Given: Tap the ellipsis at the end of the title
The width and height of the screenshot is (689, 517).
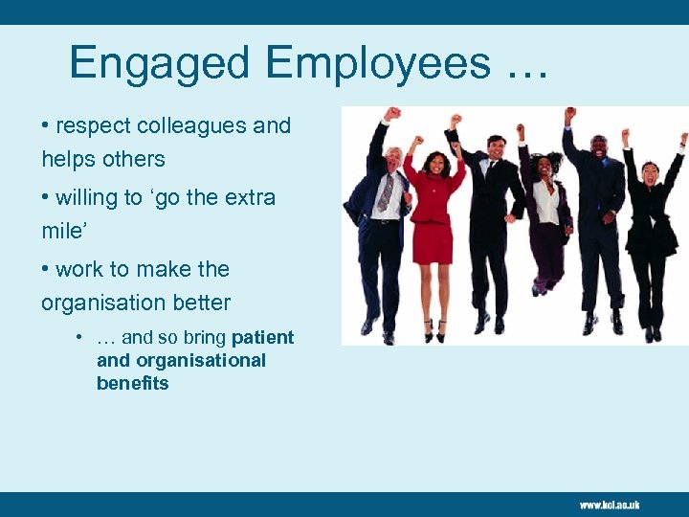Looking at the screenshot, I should coord(521,67).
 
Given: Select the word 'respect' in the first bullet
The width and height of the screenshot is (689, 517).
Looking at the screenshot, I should coord(95,126).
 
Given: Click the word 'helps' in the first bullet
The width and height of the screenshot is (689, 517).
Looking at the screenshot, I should coord(71,160).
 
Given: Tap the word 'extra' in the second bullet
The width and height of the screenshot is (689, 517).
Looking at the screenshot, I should coord(248,198).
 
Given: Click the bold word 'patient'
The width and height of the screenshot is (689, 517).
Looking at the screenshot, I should coord(262,338).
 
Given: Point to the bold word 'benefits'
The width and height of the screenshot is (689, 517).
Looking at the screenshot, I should coord(132,384).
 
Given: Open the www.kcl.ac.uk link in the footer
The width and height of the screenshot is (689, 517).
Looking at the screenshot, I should coord(609,505).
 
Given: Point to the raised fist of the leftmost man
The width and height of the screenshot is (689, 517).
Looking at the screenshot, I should coord(392,114).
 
